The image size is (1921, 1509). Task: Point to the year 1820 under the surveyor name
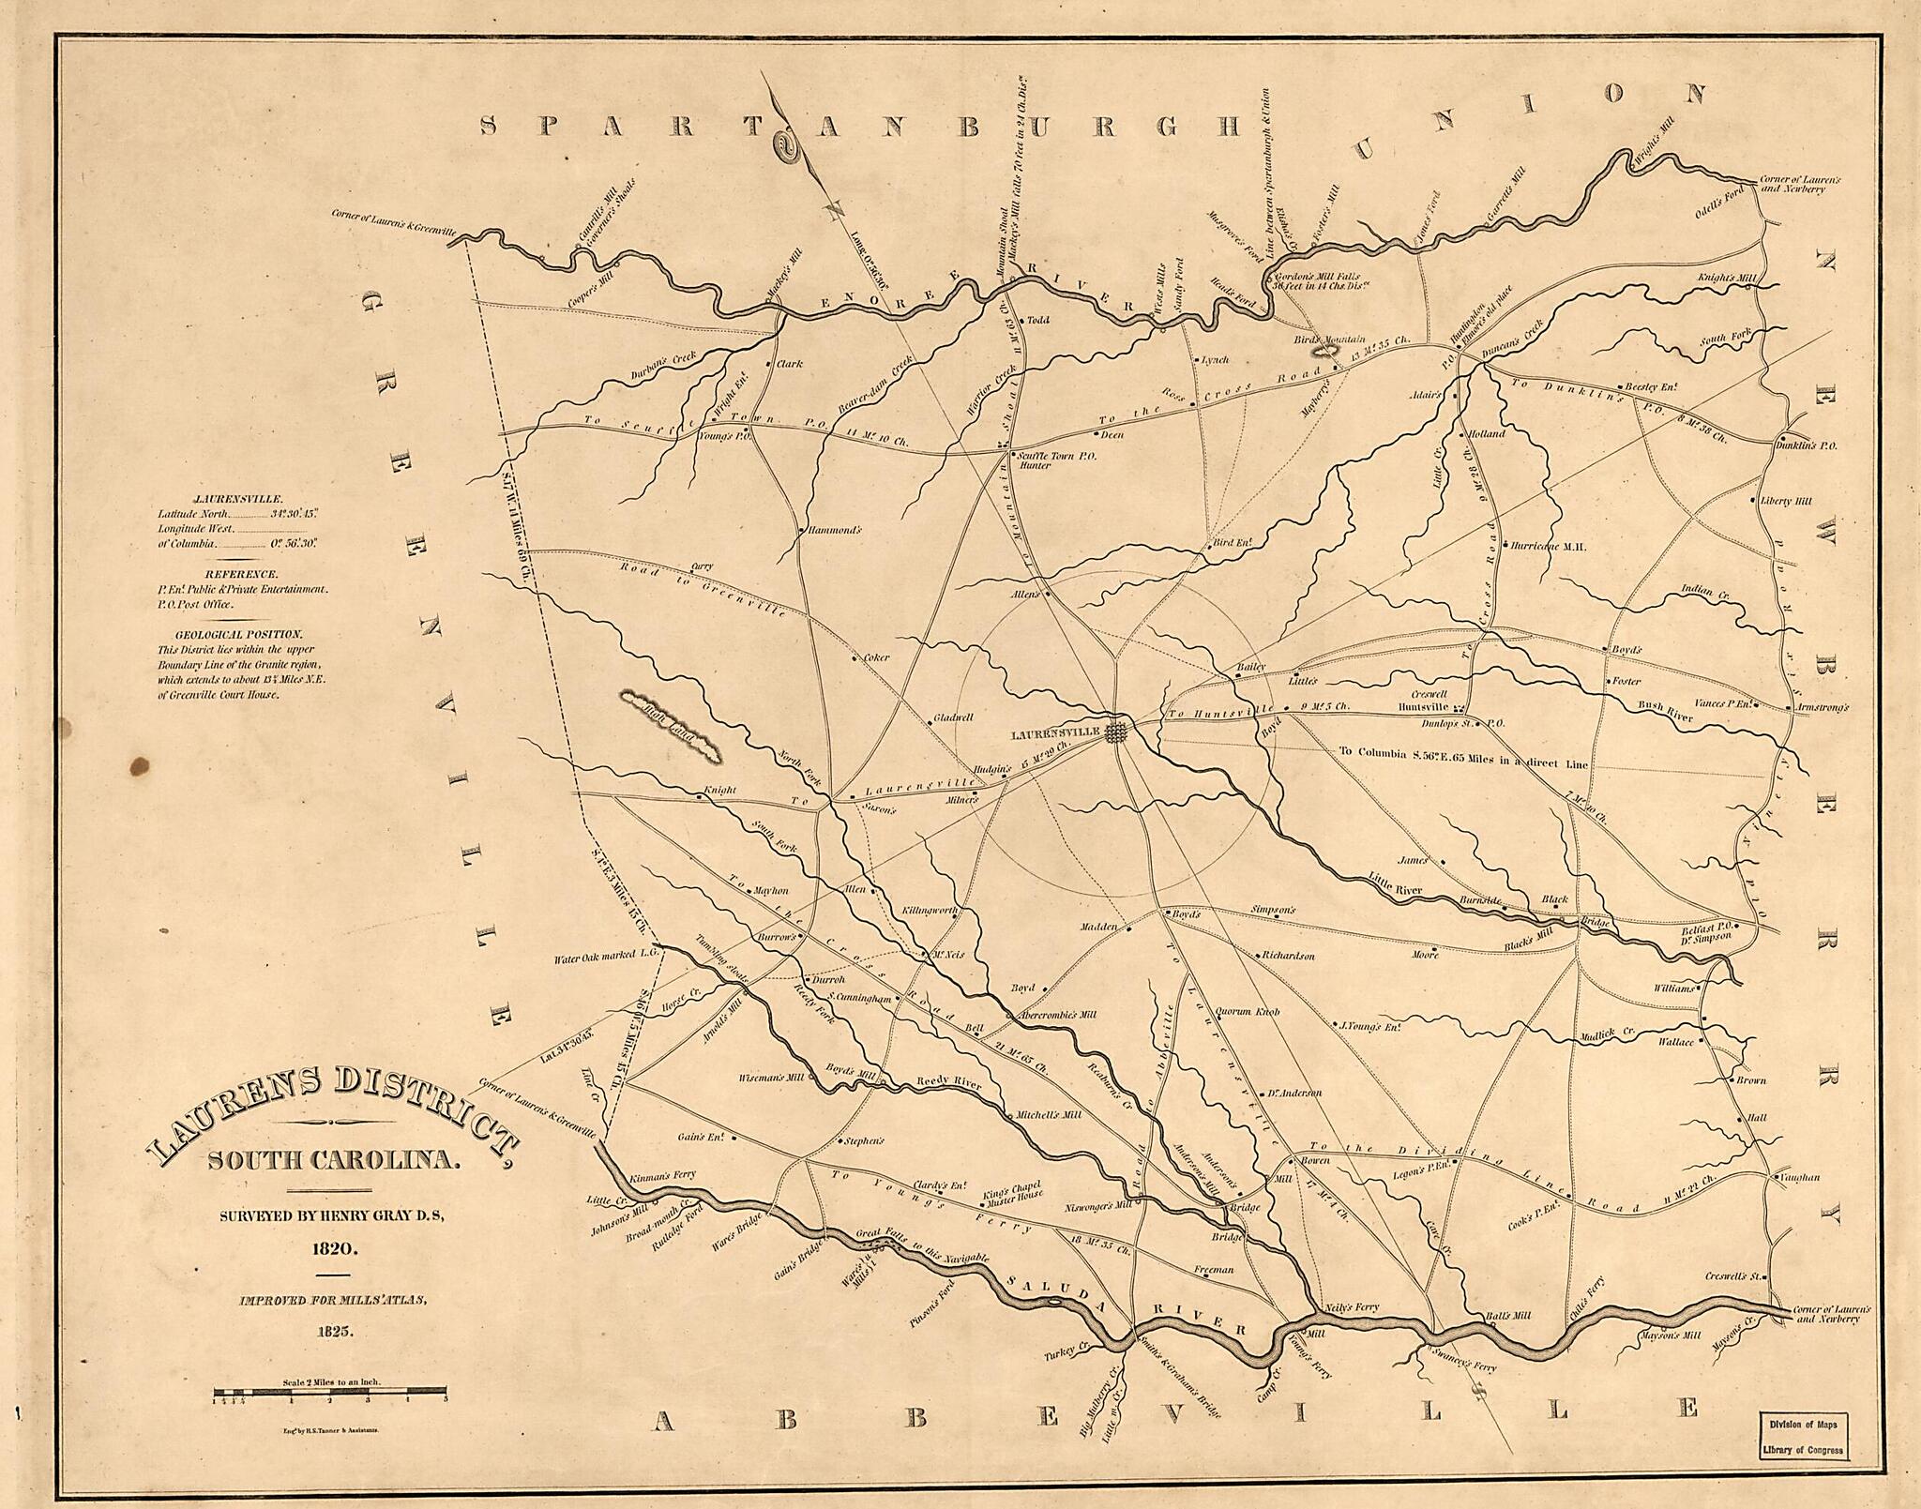332,1248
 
